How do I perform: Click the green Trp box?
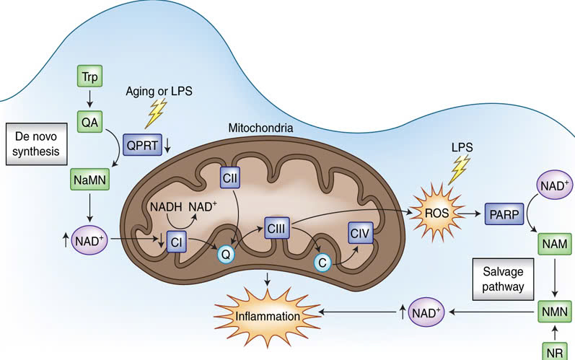coord(90,76)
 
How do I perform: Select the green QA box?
coord(90,122)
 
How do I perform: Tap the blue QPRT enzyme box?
coord(142,145)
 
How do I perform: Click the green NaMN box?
coord(90,180)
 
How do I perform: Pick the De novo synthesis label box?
coord(36,144)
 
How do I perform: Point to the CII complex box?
coord(230,177)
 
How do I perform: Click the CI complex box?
coord(176,242)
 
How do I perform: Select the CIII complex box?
coord(276,228)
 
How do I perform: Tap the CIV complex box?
coord(361,233)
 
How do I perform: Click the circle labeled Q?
coord(226,254)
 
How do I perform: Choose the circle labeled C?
coord(322,263)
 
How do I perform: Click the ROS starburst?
coord(436,213)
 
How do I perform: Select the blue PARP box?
coord(504,214)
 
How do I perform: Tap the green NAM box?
coord(555,244)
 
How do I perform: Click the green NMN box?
coord(555,312)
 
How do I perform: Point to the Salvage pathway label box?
coord(503,279)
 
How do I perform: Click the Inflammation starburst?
coord(268,316)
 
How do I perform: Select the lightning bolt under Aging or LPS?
coord(156,113)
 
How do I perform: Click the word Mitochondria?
coord(260,128)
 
